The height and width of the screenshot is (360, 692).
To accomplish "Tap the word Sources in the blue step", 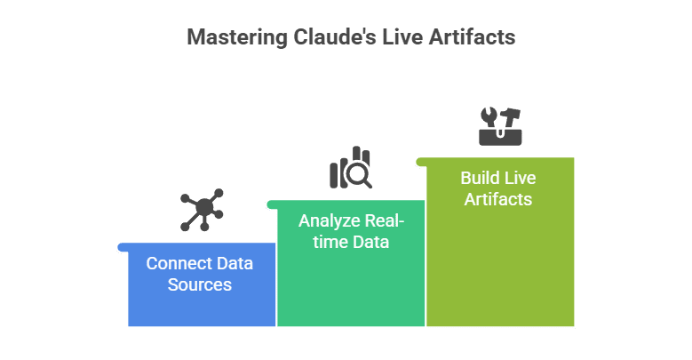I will coord(200,285).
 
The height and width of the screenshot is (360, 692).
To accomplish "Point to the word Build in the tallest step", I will coord(478,178).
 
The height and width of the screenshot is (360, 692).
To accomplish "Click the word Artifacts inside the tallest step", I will coord(497,199).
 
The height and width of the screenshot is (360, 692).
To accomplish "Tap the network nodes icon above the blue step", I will coord(202,210).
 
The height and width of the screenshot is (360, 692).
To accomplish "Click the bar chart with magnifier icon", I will coord(351,168).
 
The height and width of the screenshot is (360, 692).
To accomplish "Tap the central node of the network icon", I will coord(203,210).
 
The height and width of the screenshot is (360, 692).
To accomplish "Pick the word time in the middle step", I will coord(317,242).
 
